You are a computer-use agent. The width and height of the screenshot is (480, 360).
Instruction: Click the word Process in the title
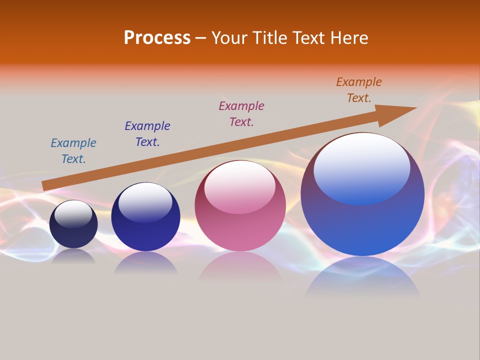pos(157,38)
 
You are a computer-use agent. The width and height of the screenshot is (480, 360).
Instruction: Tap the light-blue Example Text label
pos(73,151)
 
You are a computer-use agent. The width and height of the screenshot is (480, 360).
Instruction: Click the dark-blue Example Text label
pos(147,134)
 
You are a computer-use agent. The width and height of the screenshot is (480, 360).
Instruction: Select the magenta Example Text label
pos(241,114)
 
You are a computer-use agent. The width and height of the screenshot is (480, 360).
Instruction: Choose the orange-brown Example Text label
pos(359,90)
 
